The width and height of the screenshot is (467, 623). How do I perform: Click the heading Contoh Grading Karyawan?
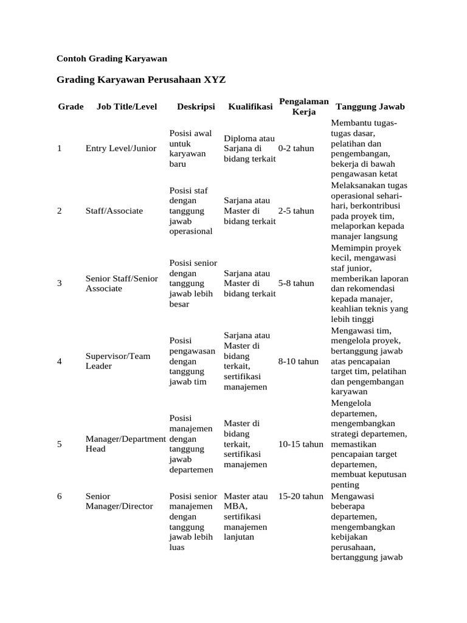[x=111, y=58]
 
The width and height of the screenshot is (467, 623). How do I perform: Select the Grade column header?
[x=71, y=106]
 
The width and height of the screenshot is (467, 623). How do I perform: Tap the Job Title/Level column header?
[x=126, y=106]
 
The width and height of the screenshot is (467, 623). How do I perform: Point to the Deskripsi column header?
[x=196, y=106]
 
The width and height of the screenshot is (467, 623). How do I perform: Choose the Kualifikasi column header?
[x=250, y=106]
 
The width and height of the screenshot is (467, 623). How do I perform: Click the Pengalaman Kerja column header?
[x=303, y=106]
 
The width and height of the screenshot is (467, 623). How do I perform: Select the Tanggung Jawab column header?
[x=370, y=106]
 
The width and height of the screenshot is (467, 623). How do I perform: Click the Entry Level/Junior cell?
[x=121, y=148]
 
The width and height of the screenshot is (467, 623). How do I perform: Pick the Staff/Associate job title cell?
[x=114, y=211]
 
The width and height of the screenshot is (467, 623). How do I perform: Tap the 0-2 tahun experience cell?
[x=296, y=148]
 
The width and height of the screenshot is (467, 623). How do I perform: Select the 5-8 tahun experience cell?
[x=296, y=283]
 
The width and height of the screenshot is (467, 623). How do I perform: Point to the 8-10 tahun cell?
[x=298, y=361]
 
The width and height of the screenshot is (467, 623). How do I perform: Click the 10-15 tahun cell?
[x=300, y=444]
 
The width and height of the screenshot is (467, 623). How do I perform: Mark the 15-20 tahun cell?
[x=300, y=496]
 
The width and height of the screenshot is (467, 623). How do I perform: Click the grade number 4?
[x=60, y=361]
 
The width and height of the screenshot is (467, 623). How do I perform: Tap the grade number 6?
[x=60, y=496]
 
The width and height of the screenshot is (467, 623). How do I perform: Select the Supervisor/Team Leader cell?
[x=118, y=361]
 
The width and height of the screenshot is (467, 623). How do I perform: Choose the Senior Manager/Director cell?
[x=119, y=501]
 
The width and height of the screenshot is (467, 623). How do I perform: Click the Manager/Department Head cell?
[x=125, y=444]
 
